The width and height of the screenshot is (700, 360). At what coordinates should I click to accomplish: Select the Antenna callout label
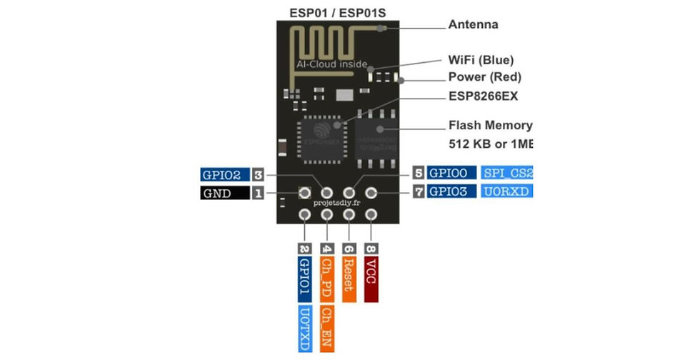472,25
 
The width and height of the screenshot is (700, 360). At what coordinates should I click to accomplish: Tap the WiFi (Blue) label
480,60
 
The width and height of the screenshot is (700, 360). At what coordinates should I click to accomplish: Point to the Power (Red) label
484,77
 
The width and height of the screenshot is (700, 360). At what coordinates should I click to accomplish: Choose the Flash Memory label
489,125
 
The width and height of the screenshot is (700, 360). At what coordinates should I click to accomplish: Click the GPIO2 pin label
225,174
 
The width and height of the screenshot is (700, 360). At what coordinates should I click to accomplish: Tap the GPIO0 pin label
451,174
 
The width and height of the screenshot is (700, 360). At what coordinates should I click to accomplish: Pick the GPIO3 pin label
451,192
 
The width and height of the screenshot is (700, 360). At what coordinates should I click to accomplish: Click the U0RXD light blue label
506,192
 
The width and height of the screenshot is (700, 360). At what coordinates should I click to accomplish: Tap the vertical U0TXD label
304,329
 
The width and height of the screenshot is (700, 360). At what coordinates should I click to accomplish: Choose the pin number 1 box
259,193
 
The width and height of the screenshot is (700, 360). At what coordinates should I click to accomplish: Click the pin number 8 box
371,248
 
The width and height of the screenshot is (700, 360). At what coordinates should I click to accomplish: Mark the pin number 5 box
418,174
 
